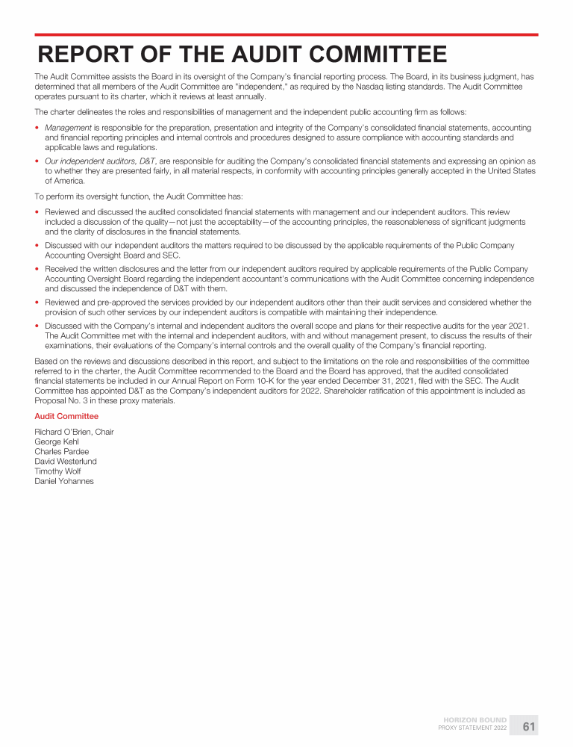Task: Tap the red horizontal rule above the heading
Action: tap(286, 34)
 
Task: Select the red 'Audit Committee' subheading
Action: tap(66, 416)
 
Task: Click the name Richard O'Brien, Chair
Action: tap(75, 432)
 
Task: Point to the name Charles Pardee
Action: tap(62, 451)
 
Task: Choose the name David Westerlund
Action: tap(66, 461)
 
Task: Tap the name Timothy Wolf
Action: tap(57, 471)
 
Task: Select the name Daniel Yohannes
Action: tap(64, 480)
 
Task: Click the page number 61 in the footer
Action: tap(529, 726)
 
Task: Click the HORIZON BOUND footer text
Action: tap(475, 720)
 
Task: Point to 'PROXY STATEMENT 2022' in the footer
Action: tap(472, 728)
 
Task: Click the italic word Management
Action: tap(68, 128)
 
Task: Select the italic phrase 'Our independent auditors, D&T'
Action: tap(101, 161)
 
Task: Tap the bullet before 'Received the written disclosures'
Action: tap(37, 269)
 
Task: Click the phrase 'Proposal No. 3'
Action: tap(60, 400)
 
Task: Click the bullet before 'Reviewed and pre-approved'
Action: tap(37, 303)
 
